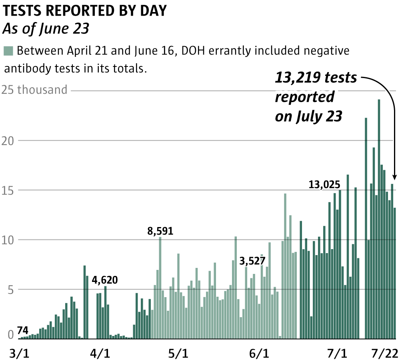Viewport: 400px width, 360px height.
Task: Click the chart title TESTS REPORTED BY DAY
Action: click(x=84, y=11)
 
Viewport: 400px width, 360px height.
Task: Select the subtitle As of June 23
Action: click(x=46, y=29)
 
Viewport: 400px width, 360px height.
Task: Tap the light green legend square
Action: click(x=8, y=51)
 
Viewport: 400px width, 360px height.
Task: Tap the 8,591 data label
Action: click(x=160, y=231)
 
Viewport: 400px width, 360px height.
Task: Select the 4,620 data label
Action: click(x=105, y=280)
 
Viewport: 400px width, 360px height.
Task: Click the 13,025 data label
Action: click(x=324, y=185)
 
